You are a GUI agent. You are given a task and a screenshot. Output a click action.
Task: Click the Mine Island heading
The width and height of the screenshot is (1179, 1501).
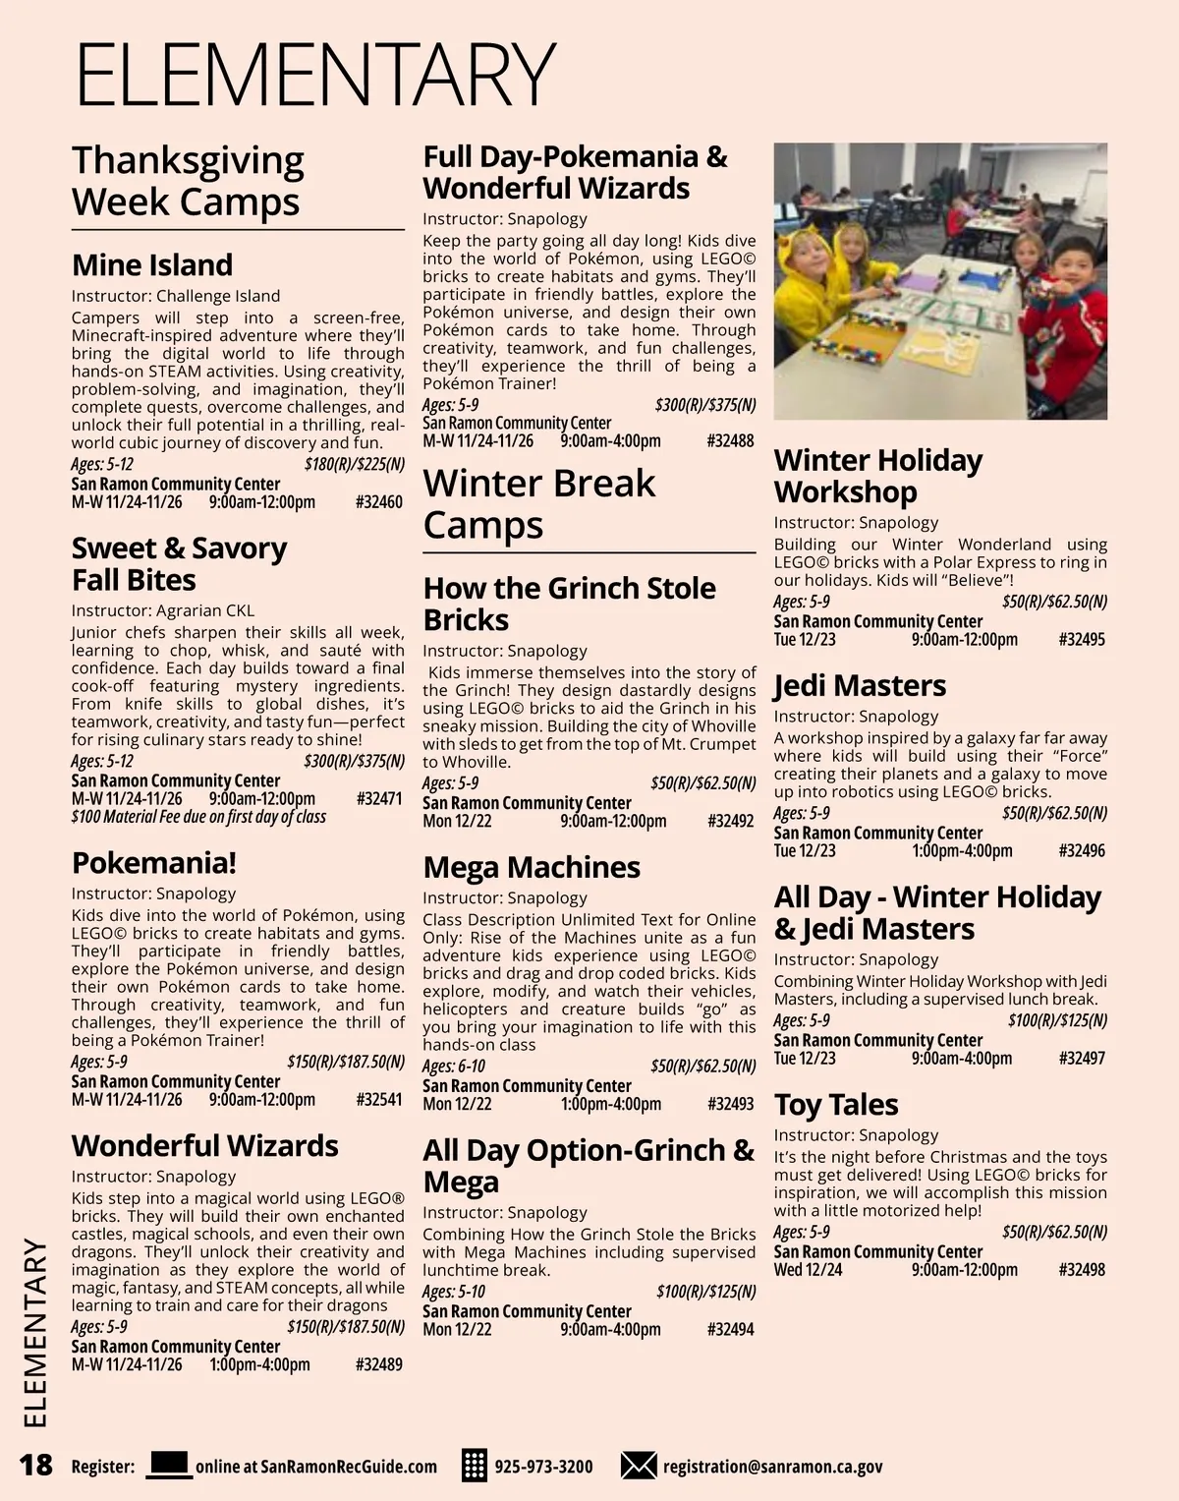pyautogui.click(x=152, y=265)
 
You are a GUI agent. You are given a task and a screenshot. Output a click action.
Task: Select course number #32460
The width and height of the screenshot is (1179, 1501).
pyautogui.click(x=378, y=502)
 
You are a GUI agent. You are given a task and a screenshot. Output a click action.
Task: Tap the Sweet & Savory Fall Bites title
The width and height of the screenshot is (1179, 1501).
pyautogui.click(x=179, y=564)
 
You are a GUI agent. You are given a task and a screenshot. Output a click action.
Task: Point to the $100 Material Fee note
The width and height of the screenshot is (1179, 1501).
pyautogui.click(x=198, y=817)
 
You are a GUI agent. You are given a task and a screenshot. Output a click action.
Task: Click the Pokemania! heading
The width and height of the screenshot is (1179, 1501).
pyautogui.click(x=154, y=863)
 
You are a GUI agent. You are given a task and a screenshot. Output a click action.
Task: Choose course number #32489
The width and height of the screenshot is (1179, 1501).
pyautogui.click(x=378, y=1364)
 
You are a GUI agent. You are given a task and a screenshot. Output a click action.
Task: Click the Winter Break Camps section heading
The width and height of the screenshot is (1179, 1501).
pyautogui.click(x=538, y=503)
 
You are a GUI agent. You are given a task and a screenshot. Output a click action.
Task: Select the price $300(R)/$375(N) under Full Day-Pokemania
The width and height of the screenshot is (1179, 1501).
pyautogui.click(x=705, y=405)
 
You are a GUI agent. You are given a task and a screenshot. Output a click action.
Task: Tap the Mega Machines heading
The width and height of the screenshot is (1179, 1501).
pyautogui.click(x=532, y=867)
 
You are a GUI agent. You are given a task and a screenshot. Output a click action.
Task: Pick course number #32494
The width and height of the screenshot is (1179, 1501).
pyautogui.click(x=730, y=1329)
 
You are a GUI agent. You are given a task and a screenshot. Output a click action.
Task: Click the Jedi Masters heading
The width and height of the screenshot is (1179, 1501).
pyautogui.click(x=860, y=685)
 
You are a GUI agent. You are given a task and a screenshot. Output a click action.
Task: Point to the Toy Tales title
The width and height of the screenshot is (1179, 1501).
pyautogui.click(x=836, y=1105)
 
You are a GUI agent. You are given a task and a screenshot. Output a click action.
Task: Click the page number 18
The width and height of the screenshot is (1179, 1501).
pyautogui.click(x=35, y=1466)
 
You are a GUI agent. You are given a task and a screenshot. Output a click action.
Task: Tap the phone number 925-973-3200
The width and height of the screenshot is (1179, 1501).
pyautogui.click(x=543, y=1467)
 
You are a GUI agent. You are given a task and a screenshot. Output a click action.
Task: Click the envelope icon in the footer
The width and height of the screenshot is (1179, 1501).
pyautogui.click(x=639, y=1466)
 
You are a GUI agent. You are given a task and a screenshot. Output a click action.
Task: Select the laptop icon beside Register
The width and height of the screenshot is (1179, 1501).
pyautogui.click(x=168, y=1465)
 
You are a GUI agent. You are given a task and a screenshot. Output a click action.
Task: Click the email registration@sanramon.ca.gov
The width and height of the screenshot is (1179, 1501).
pyautogui.click(x=772, y=1467)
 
